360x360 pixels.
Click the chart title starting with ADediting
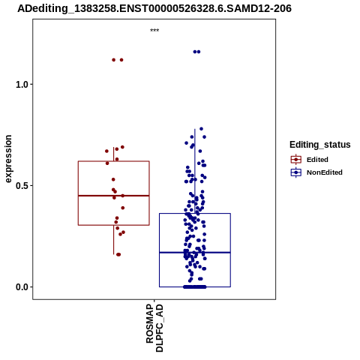pyautogui.click(x=154, y=8)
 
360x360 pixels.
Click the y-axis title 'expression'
pyautogui.click(x=8, y=159)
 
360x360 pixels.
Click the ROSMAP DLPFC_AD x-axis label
pyautogui.click(x=154, y=328)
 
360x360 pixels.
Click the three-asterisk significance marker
pyautogui.click(x=154, y=31)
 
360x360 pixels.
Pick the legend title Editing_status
pyautogui.click(x=320, y=145)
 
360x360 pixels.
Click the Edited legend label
pyautogui.click(x=317, y=160)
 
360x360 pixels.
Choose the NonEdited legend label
pyautogui.click(x=325, y=172)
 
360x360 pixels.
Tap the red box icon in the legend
pyautogui.click(x=296, y=159)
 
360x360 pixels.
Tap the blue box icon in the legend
pyautogui.click(x=296, y=172)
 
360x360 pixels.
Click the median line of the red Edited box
pyautogui.click(x=114, y=196)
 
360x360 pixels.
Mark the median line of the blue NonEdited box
pyautogui.click(x=195, y=253)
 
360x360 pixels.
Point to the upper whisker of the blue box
pyautogui.click(x=195, y=171)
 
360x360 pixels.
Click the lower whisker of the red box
pyautogui.click(x=114, y=240)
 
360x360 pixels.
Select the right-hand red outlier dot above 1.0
pyautogui.click(x=121, y=60)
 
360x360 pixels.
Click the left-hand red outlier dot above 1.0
pyautogui.click(x=114, y=60)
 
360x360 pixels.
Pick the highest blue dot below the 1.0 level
pyautogui.click(x=201, y=129)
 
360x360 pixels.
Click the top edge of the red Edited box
pyautogui.click(x=114, y=161)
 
